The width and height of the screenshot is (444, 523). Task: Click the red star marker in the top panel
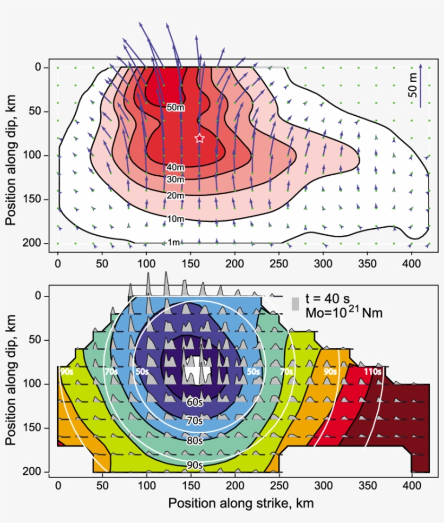point(199,138)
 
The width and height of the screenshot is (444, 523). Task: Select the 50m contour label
point(174,107)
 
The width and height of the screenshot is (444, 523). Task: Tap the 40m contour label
point(174,167)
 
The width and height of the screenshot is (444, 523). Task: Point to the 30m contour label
point(174,179)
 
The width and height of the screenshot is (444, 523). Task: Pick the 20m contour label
point(174,195)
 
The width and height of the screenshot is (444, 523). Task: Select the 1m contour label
point(173,242)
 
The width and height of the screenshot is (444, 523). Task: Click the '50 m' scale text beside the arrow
point(413,87)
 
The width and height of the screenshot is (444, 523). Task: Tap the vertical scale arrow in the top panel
point(421,87)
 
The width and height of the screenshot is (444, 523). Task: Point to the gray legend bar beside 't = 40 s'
point(295,304)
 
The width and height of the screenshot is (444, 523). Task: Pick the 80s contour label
point(194,440)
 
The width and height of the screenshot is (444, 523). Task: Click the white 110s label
point(372,372)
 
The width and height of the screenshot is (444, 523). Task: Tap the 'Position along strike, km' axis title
point(240,503)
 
